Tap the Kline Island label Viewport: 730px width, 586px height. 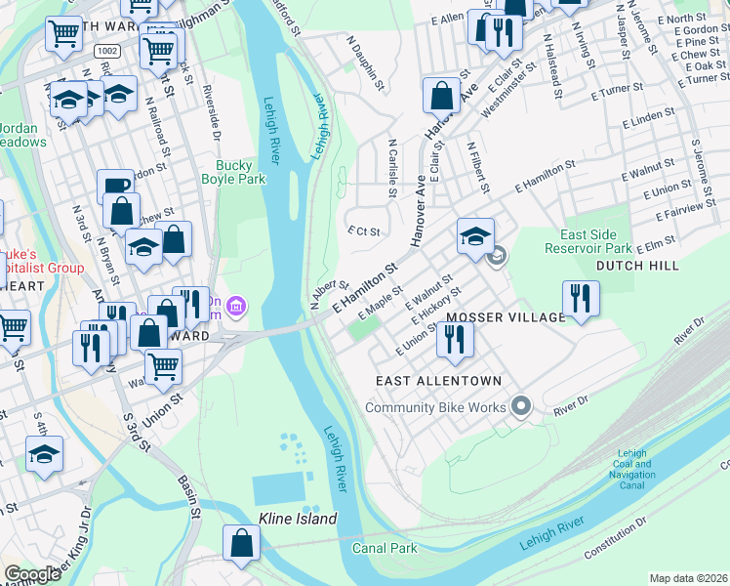297,519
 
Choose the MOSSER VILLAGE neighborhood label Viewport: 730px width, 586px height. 506,317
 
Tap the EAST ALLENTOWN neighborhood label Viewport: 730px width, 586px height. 438,381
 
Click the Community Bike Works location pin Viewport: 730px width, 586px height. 521,405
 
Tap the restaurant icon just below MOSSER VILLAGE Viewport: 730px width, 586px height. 455,339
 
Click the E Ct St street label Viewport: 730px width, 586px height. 362,230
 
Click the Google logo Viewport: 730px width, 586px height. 32,574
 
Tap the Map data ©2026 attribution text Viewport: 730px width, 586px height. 688,578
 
